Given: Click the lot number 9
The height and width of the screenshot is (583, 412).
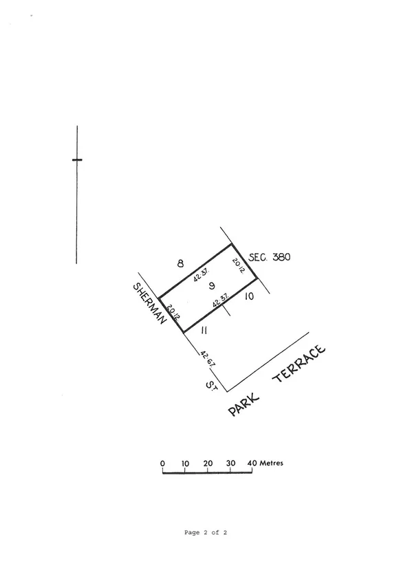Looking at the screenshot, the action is click(212, 285).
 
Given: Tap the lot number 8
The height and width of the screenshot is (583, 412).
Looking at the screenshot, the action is click(180, 263).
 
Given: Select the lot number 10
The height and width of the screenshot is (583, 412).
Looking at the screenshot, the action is click(250, 296).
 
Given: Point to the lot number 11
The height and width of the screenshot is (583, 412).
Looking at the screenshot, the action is click(204, 330).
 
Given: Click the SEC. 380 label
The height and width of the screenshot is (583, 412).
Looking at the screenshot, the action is click(270, 257).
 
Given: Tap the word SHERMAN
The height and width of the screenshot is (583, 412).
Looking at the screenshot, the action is click(149, 303).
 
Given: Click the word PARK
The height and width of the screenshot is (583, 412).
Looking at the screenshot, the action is click(243, 405).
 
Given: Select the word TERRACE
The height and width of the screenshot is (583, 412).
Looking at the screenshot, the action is click(299, 363).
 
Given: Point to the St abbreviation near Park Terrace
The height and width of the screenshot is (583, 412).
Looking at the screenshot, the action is click(211, 385).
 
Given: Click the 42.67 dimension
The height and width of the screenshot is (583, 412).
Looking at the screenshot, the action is click(208, 358).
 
